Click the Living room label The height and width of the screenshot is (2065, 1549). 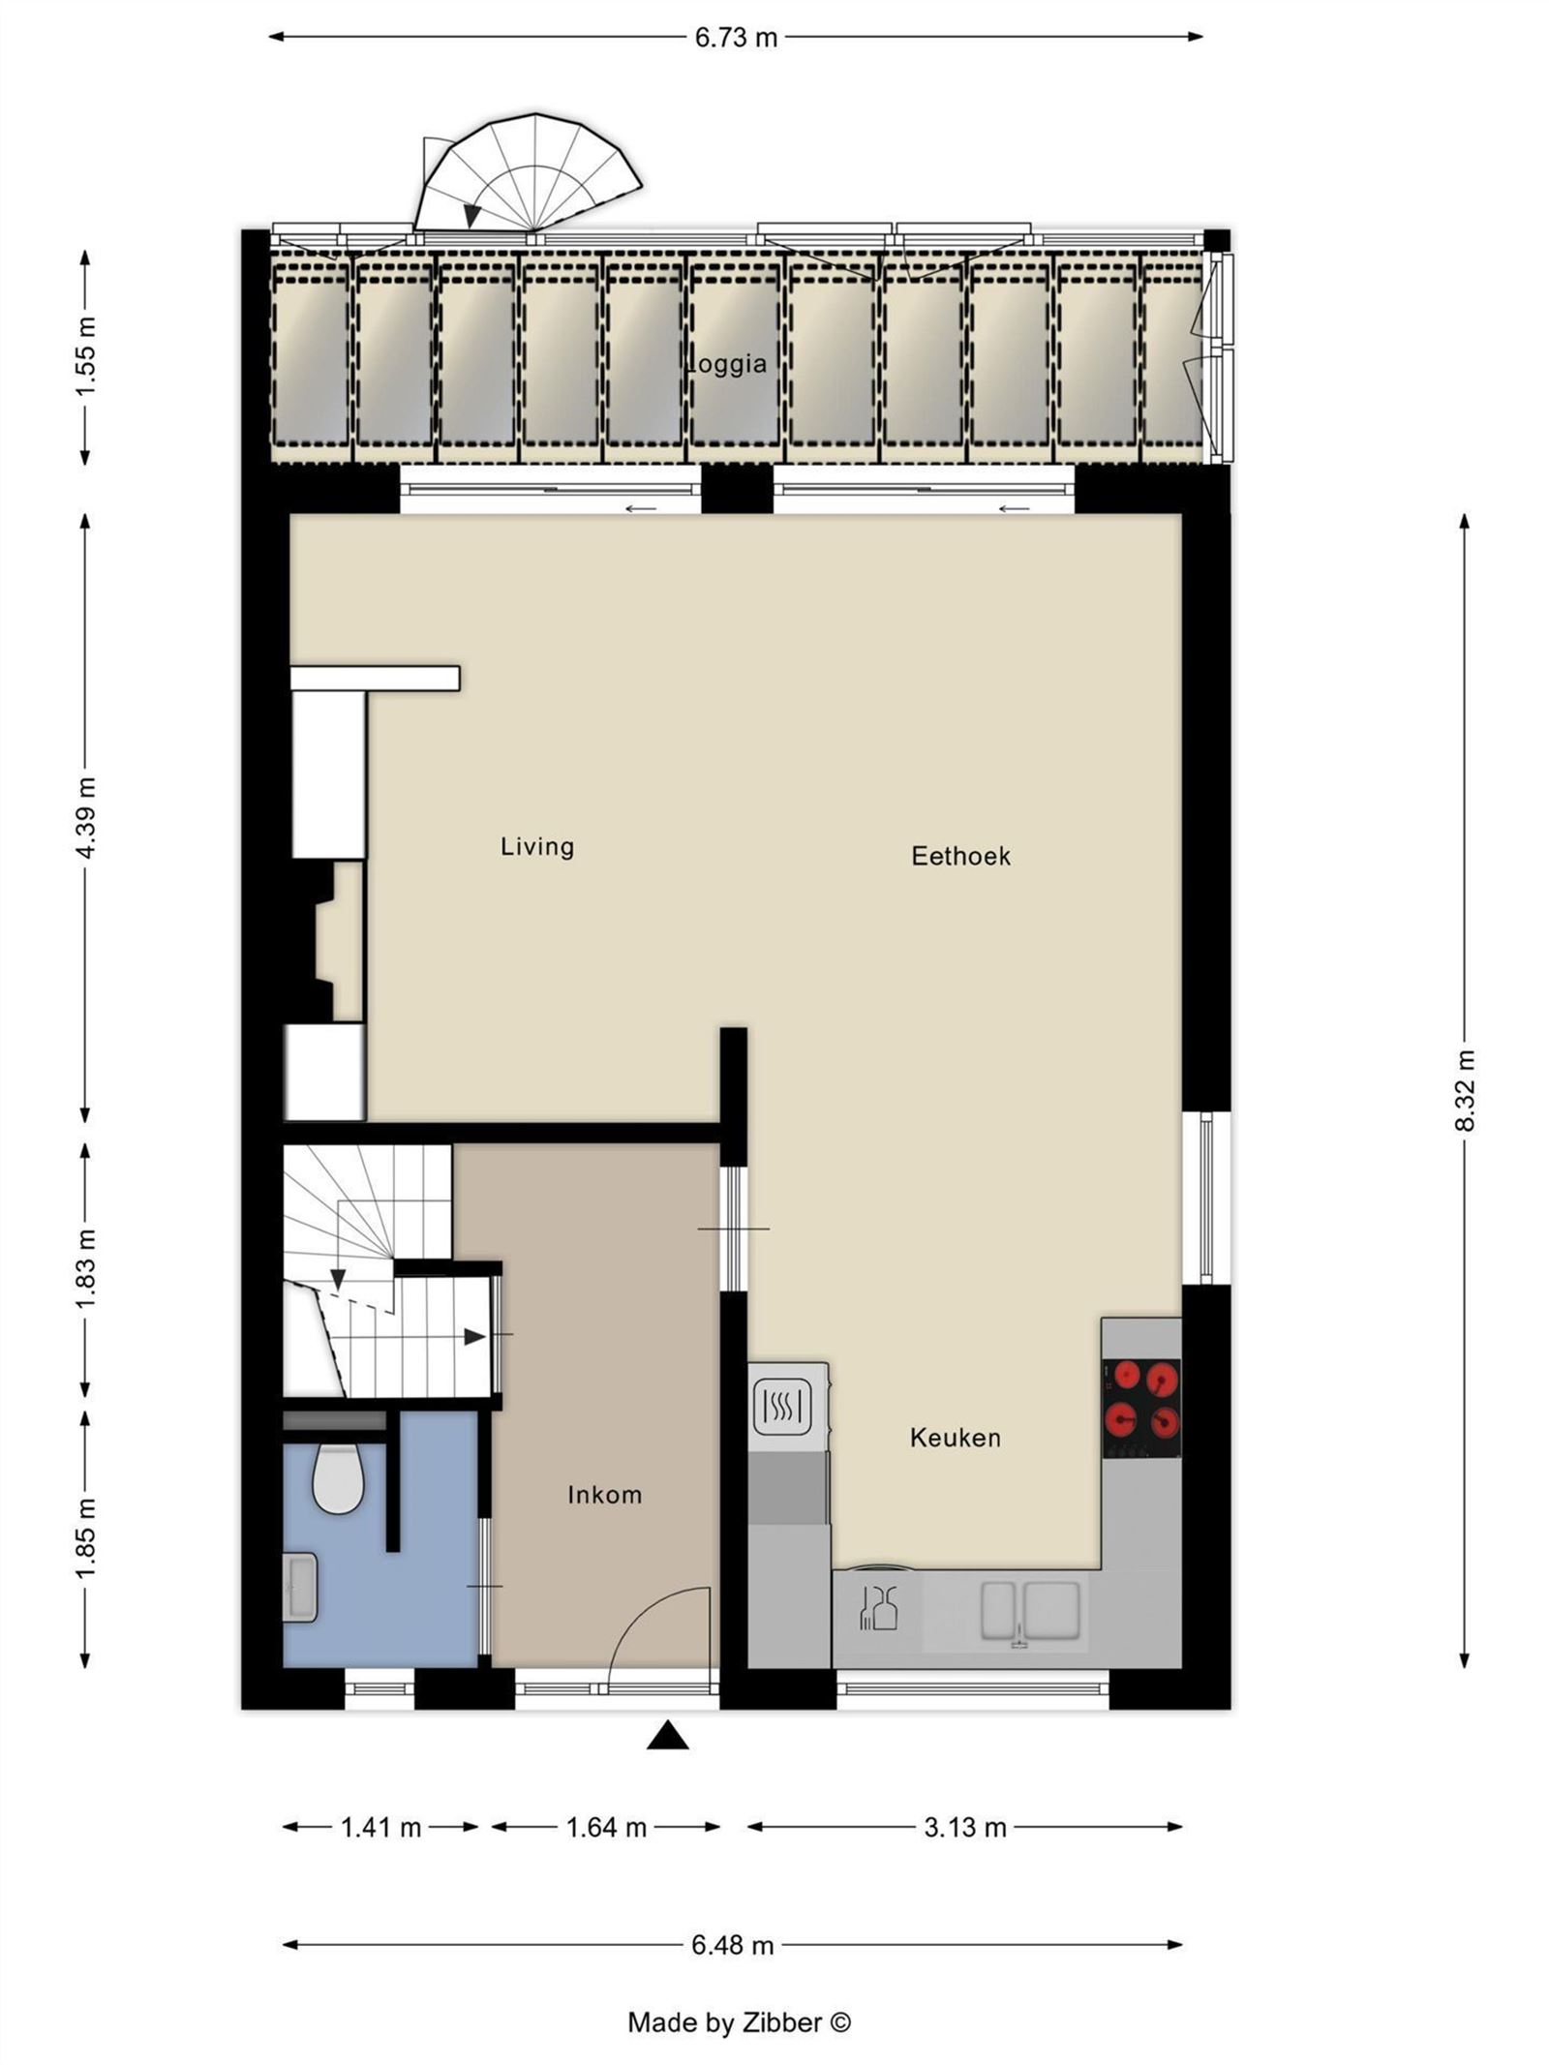pos(537,847)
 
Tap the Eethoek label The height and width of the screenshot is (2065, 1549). pos(960,856)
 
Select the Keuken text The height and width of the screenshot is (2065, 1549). pos(955,1438)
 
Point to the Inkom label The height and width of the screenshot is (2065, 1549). pos(604,1495)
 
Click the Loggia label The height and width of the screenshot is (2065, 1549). pos(727,364)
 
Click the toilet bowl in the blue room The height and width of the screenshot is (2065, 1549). pos(338,1479)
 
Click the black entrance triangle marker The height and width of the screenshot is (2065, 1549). pos(667,1737)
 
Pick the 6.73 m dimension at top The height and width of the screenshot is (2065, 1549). pos(736,38)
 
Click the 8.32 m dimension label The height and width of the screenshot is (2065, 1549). pos(1465,1090)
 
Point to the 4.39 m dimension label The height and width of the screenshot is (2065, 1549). pos(85,817)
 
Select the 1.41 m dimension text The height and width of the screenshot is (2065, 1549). pos(380,1828)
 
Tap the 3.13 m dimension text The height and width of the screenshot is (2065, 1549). pos(965,1828)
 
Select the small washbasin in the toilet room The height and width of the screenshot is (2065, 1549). pos(299,1587)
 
